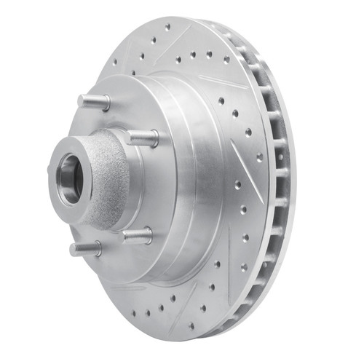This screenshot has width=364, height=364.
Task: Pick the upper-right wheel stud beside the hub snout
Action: tap(143, 136)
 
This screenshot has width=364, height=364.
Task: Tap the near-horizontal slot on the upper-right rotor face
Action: tap(222, 82)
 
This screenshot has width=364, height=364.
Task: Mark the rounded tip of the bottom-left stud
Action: tap(74, 250)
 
